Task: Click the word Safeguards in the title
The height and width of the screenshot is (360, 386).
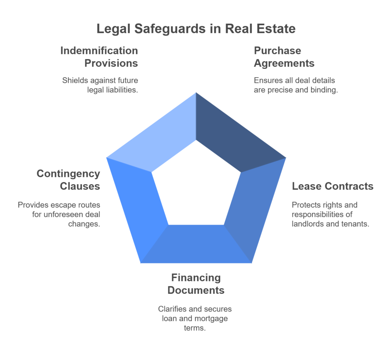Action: pos(170,29)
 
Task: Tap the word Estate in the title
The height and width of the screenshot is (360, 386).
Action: pos(276,29)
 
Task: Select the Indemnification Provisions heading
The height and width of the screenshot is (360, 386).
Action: pos(99,57)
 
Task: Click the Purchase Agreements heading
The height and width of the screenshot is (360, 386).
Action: pos(284,57)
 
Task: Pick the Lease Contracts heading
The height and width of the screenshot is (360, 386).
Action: pos(332,186)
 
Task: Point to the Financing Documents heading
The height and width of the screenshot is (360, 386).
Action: pos(196,284)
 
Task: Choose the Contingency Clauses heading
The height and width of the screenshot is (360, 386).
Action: pos(68,180)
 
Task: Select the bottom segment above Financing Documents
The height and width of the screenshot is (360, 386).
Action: pos(196,246)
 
